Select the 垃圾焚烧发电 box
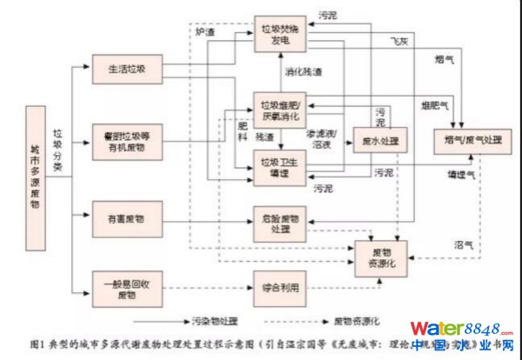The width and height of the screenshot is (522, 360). (281, 33)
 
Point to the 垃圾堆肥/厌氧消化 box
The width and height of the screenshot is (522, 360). (280, 109)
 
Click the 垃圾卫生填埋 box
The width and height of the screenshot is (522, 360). (280, 165)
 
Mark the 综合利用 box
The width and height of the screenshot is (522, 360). (280, 287)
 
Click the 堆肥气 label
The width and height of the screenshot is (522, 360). (434, 106)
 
